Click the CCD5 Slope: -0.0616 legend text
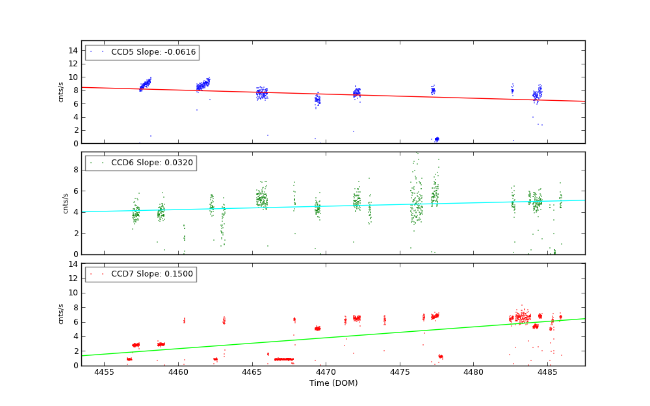point(153,52)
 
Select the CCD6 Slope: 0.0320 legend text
point(151,163)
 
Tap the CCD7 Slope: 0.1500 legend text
point(151,274)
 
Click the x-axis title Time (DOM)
point(333,383)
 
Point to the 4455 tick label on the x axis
point(104,372)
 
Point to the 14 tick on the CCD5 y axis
point(73,50)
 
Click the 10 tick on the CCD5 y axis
point(73,77)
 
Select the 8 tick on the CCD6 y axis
point(75,170)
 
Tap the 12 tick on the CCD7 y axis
point(73,278)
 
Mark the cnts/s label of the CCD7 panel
point(62,314)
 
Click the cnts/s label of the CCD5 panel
point(62,92)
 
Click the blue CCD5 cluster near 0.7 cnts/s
point(437,139)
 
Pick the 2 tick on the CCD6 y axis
point(75,233)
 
